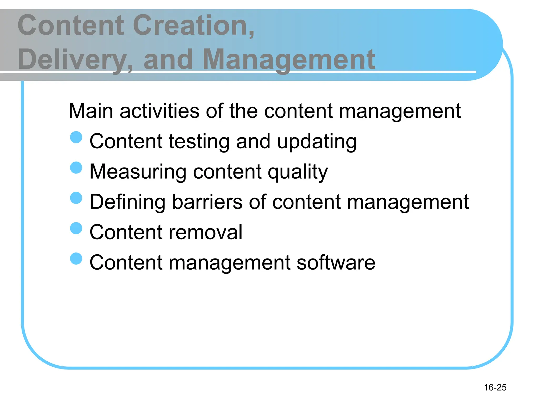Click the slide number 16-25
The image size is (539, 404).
[x=495, y=387]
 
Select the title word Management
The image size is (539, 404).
[x=289, y=59]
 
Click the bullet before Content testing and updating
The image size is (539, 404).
[x=76, y=137]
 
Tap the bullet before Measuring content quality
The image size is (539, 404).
[x=76, y=168]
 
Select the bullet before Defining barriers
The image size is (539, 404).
[x=76, y=198]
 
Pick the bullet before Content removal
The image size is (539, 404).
[x=76, y=228]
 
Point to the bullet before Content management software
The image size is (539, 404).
[x=76, y=258]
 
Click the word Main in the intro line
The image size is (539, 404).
[x=91, y=111]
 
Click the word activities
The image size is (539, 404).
[x=159, y=111]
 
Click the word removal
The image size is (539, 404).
[x=205, y=232]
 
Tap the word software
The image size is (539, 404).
[x=336, y=262]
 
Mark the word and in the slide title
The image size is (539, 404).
[x=168, y=59]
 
